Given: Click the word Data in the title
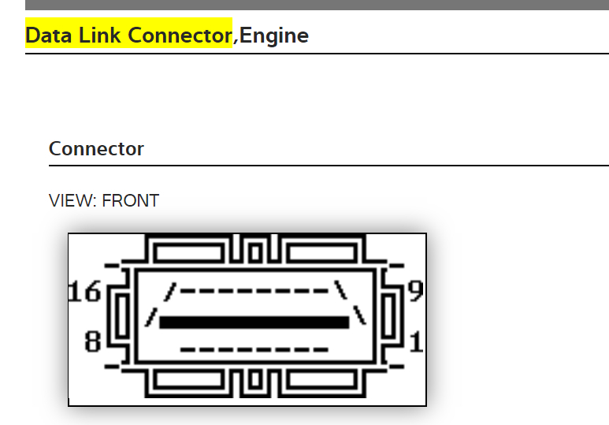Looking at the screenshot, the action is [x=50, y=35].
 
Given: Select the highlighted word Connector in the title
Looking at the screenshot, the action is [x=180, y=35].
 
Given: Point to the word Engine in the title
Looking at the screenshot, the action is [x=274, y=35].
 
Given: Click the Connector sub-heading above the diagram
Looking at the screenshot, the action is [x=96, y=148].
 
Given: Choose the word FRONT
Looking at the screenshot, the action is [x=131, y=201].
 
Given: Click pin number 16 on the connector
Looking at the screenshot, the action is [x=86, y=292].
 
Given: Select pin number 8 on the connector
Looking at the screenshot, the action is [x=93, y=342].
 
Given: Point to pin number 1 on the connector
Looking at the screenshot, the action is [x=417, y=341].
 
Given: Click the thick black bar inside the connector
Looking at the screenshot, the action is [x=254, y=322].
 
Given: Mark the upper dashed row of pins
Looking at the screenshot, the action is [x=254, y=291].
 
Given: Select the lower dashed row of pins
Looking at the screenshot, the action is [x=254, y=349].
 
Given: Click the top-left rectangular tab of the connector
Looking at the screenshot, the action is [x=189, y=252].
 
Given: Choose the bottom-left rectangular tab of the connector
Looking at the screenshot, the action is [x=189, y=381].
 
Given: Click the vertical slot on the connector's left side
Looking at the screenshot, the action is [x=122, y=316].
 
